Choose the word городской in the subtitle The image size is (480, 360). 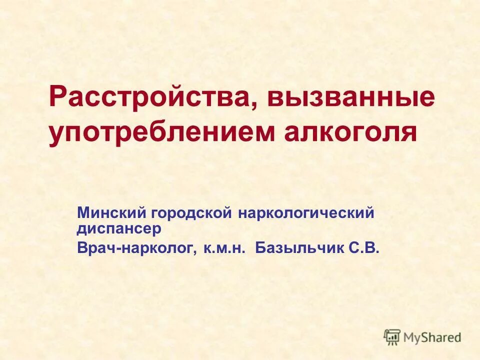(189, 213)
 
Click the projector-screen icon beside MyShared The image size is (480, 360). (392, 337)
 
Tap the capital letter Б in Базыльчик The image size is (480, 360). (259, 248)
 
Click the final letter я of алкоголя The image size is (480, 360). (409, 133)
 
